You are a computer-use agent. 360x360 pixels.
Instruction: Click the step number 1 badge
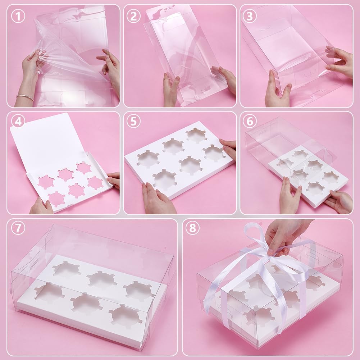coord(18,16)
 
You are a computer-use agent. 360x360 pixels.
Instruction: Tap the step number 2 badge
coord(133,16)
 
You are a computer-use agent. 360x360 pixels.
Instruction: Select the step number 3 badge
coord(250,16)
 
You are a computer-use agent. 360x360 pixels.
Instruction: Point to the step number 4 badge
coord(18,122)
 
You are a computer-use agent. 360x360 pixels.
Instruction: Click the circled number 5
coord(133,122)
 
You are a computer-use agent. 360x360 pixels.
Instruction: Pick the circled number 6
coord(250,122)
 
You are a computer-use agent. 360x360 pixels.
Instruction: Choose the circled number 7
coord(18,228)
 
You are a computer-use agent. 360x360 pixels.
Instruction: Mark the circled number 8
coord(192,228)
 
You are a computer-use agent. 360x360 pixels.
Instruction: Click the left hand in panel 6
coord(290,196)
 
